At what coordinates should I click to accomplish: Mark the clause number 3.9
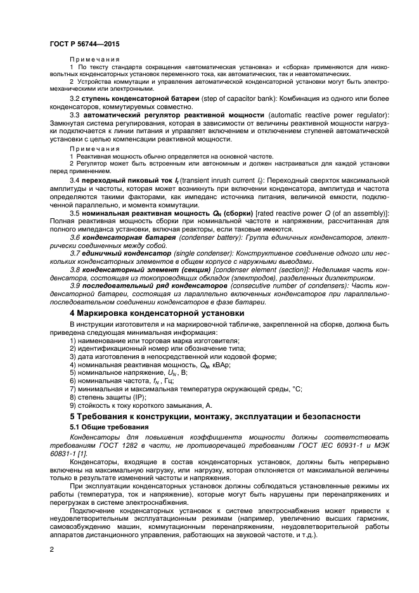click(x=75, y=287)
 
